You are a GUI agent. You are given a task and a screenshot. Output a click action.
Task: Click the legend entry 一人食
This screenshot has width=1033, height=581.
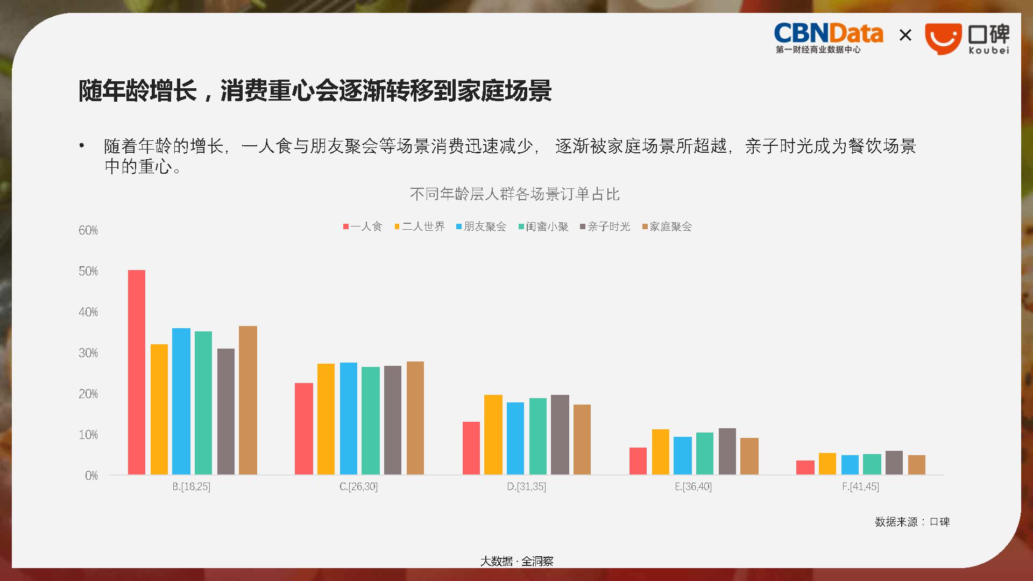[363, 226]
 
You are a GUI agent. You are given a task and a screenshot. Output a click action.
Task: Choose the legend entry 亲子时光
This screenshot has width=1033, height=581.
[605, 226]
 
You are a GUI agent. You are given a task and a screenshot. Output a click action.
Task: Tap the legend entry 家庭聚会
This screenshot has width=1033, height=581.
[667, 226]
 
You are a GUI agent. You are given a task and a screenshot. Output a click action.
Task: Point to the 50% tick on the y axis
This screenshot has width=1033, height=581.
[88, 271]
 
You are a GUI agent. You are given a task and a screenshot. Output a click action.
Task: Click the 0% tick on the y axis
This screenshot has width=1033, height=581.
[91, 476]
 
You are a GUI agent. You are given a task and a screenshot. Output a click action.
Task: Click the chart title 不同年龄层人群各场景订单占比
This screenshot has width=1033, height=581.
[515, 194]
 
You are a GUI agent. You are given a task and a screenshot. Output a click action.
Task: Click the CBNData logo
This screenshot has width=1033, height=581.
[828, 38]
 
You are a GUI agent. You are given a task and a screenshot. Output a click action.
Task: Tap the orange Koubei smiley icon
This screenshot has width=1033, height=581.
[943, 39]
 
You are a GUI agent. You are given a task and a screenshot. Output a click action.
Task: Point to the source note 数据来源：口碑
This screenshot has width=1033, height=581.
[912, 522]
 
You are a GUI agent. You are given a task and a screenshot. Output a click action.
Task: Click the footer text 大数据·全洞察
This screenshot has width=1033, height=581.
[516, 561]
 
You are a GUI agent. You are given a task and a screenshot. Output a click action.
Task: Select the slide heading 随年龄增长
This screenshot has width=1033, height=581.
[138, 90]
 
